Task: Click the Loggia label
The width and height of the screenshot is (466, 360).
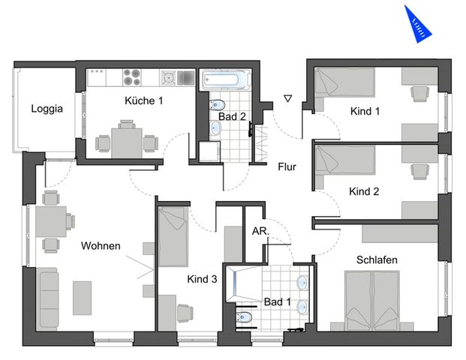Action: click(47, 108)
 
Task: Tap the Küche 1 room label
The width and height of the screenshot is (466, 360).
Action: click(143, 100)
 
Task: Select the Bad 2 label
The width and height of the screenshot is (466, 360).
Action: click(232, 116)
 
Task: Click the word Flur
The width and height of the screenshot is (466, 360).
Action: click(287, 166)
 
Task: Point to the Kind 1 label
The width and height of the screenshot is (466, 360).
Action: click(365, 112)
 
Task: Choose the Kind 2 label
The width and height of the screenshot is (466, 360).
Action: click(364, 191)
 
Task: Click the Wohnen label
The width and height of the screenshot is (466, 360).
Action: click(101, 246)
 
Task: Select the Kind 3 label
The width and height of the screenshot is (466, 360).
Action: click(202, 279)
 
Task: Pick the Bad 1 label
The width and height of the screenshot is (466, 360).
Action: click(278, 301)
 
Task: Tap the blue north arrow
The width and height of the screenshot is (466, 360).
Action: click(418, 22)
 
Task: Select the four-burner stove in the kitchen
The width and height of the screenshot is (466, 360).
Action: click(132, 76)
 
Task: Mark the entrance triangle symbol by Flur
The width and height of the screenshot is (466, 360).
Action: click(287, 97)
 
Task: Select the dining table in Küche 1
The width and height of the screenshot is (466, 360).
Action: click(126, 140)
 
